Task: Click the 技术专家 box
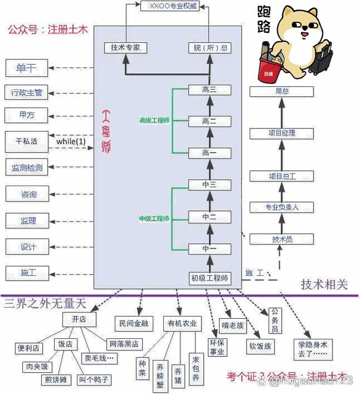pyautogui.click(x=125, y=48)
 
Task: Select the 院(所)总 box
pyautogui.click(x=209, y=48)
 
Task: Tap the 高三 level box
pyautogui.click(x=209, y=90)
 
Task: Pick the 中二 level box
pyautogui.click(x=209, y=217)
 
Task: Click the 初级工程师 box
pyautogui.click(x=209, y=278)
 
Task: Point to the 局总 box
pyautogui.click(x=281, y=92)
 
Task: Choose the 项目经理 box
pyautogui.click(x=281, y=133)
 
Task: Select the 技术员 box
pyautogui.click(x=281, y=239)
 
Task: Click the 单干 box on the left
pyautogui.click(x=26, y=68)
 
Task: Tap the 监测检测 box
pyautogui.click(x=26, y=167)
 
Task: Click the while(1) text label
pyautogui.click(x=71, y=142)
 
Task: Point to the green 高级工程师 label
pyautogui.click(x=154, y=120)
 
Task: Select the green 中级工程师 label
pyautogui.click(x=154, y=218)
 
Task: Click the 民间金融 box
pyautogui.click(x=133, y=323)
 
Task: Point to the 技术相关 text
pyautogui.click(x=324, y=285)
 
